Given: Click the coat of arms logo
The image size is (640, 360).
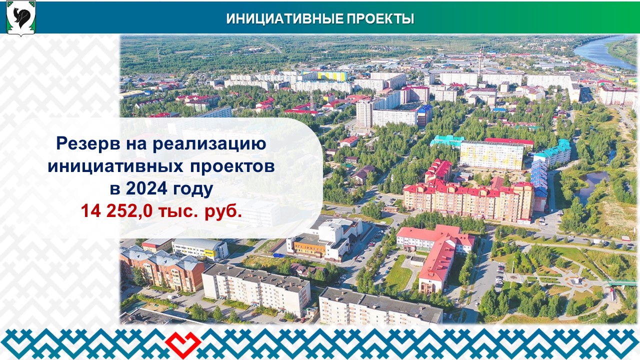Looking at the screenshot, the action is pyautogui.click(x=21, y=18).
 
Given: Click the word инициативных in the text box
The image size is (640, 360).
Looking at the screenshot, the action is pyautogui.click(x=115, y=166).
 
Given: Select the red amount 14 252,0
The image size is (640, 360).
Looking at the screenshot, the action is pyautogui.click(x=116, y=211).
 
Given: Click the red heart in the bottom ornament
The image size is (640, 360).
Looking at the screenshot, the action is pyautogui.click(x=183, y=342).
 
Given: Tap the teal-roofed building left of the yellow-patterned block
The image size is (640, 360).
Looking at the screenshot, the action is pyautogui.click(x=447, y=141).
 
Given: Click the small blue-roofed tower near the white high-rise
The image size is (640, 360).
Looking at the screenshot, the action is pyautogui.click(x=425, y=115).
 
